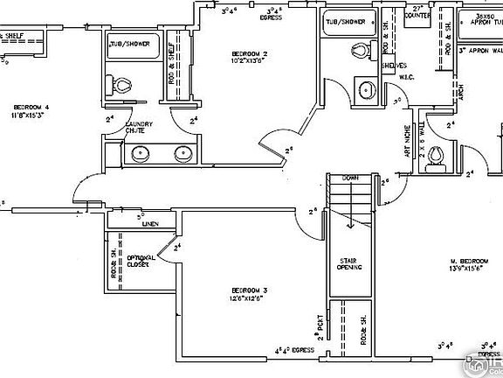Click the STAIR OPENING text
point(351,263)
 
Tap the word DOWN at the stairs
point(349,178)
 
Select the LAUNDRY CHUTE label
point(141,129)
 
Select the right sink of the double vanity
point(183,155)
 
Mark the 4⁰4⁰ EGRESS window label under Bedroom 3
point(294,350)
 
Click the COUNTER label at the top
point(418,15)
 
